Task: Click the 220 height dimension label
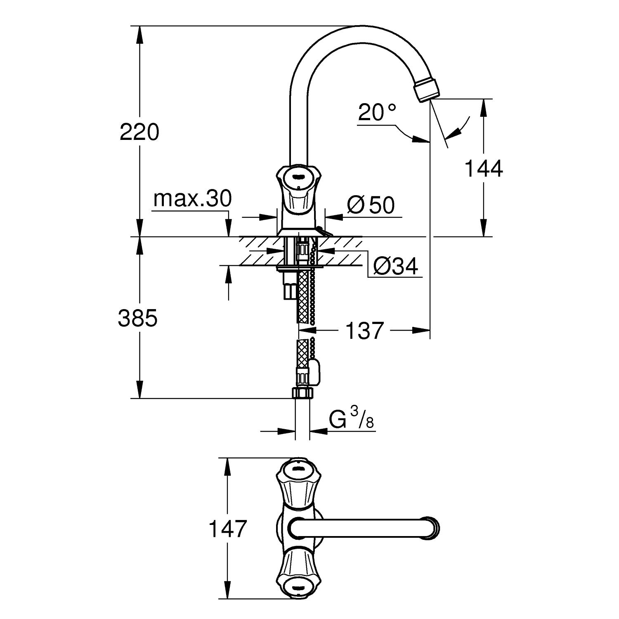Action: point(139,132)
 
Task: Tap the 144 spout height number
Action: point(484,169)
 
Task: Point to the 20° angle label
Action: point(377,112)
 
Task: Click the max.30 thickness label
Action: point(193,199)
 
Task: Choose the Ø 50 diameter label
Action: point(371,205)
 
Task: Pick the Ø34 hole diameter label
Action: point(396,267)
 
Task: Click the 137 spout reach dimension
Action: point(364,331)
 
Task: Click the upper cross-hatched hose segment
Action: point(303,297)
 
